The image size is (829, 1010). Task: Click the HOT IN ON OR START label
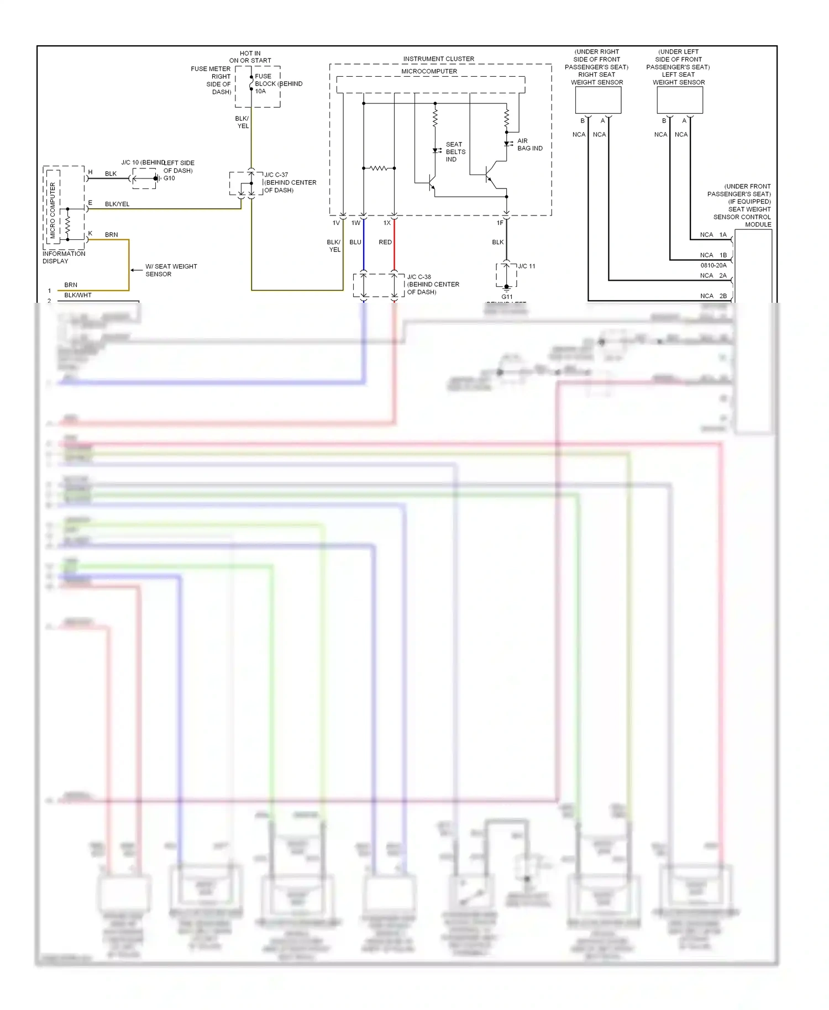pyautogui.click(x=250, y=57)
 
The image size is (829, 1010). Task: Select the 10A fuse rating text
pyautogui.click(x=260, y=92)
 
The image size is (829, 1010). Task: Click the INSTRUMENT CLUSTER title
pyautogui.click(x=438, y=59)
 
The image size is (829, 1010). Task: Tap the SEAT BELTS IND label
pyautogui.click(x=455, y=152)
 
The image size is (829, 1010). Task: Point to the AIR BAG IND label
pyautogui.click(x=529, y=145)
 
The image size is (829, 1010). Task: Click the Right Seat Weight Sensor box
pyautogui.click(x=598, y=101)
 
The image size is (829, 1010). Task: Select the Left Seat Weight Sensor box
pyautogui.click(x=679, y=101)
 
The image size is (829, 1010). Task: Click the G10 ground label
pyautogui.click(x=169, y=178)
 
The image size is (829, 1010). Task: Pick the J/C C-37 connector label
pyautogui.click(x=276, y=175)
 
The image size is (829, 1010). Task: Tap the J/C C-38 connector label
pyautogui.click(x=419, y=277)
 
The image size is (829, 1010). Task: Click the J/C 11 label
pyautogui.click(x=527, y=266)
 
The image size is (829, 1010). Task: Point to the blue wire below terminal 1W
pyautogui.click(x=364, y=249)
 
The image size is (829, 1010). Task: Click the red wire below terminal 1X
pyautogui.click(x=394, y=249)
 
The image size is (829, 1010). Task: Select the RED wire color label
pyautogui.click(x=385, y=243)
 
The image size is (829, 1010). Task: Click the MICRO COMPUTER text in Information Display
pyautogui.click(x=53, y=210)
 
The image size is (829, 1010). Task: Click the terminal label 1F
pyautogui.click(x=500, y=223)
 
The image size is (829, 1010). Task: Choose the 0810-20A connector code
pyautogui.click(x=713, y=266)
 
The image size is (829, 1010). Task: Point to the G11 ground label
pyautogui.click(x=507, y=297)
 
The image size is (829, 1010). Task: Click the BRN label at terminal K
pyautogui.click(x=111, y=235)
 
